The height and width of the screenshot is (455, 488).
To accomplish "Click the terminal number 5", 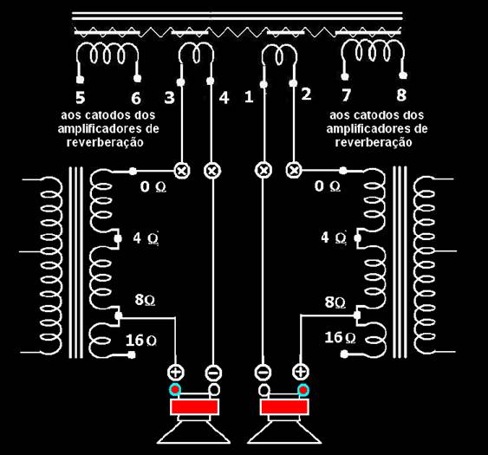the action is [81, 97].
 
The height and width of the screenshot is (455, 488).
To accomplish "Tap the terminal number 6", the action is [136, 98].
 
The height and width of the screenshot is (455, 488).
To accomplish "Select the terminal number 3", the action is [170, 97].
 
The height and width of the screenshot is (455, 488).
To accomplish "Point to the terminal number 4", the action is [224, 98].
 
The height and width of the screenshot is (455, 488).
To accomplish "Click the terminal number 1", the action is [249, 97].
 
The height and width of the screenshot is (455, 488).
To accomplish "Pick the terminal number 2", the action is [306, 94].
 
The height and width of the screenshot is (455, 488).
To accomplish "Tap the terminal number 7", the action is [347, 95].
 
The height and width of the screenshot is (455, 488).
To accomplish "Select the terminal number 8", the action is [401, 95].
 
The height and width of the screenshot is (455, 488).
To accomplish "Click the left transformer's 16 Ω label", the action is [141, 340].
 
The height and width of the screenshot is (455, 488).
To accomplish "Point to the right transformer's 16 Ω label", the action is [340, 338].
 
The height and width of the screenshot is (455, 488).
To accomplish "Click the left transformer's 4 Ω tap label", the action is [146, 238].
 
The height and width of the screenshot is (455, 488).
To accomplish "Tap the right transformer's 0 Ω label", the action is [328, 186].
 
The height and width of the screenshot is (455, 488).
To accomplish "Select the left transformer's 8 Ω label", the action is [145, 300].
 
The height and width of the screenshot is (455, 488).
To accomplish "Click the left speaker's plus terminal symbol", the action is [176, 372].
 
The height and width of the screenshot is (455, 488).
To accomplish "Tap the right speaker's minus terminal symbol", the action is [263, 372].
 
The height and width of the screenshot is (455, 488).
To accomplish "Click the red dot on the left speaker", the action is [175, 389].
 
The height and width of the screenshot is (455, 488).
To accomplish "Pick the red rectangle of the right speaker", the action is [285, 407].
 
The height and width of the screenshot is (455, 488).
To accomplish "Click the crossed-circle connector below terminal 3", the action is [182, 171].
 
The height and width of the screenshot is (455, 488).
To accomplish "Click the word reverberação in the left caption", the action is [105, 142].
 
